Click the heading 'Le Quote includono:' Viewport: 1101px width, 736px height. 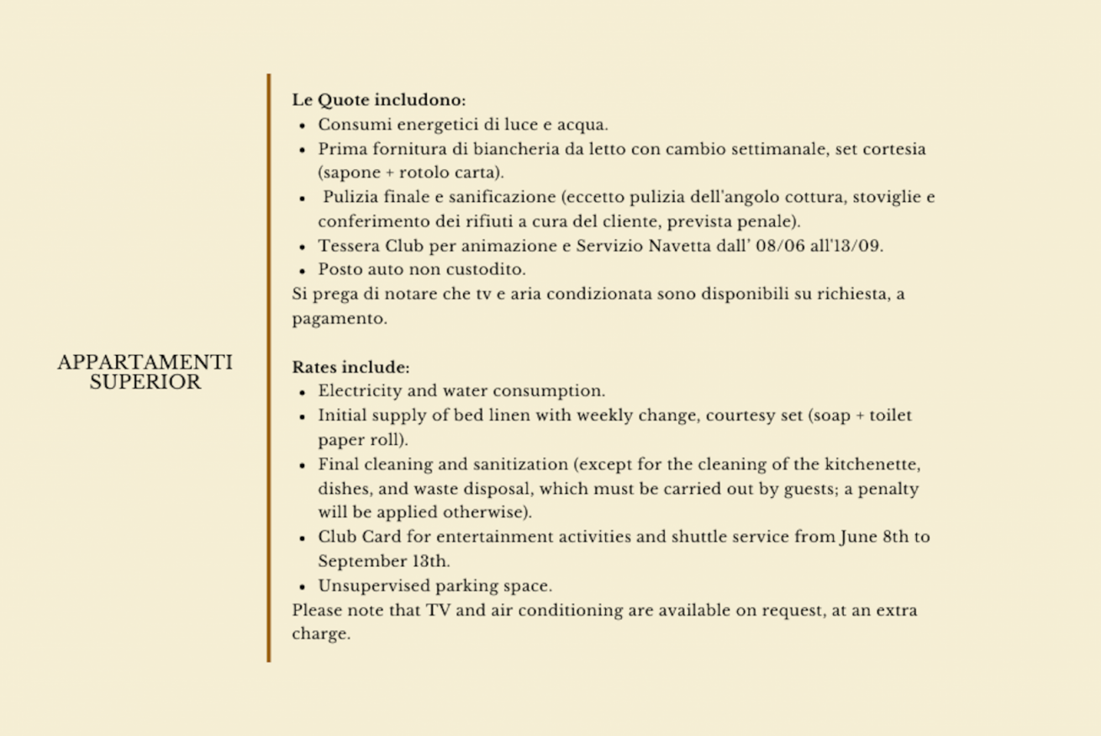click(378, 100)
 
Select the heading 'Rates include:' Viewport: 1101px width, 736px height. click(350, 368)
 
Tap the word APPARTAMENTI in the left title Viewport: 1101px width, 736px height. click(145, 363)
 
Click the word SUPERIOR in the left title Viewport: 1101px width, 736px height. click(145, 383)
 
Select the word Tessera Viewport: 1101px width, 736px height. click(348, 246)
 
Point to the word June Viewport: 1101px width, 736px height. click(858, 537)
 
